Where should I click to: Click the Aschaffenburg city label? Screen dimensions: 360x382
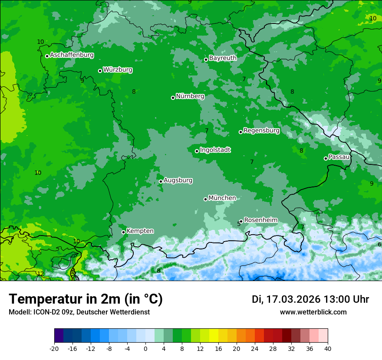(x=72, y=55)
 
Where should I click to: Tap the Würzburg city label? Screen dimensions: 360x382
(x=118, y=70)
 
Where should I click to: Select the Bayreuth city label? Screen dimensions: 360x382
(x=223, y=58)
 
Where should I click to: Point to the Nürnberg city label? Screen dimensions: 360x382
(x=190, y=96)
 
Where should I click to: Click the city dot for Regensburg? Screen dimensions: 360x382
(x=240, y=132)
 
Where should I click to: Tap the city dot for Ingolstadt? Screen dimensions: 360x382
(x=197, y=151)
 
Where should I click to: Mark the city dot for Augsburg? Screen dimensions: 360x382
(x=161, y=181)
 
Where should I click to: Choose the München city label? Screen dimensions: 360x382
(x=222, y=198)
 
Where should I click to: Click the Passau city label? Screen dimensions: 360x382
(x=339, y=157)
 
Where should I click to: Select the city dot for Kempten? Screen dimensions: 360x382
(x=123, y=232)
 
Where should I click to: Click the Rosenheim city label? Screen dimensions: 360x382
(x=260, y=220)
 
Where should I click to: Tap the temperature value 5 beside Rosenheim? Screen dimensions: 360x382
(x=239, y=224)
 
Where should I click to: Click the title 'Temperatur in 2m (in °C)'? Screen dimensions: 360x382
(x=86, y=299)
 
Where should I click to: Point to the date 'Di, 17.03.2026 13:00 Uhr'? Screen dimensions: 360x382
(x=310, y=299)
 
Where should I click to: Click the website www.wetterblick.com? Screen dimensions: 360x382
(x=313, y=312)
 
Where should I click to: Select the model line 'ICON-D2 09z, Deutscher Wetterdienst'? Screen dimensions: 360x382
(x=79, y=312)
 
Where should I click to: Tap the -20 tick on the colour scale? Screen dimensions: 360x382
(x=54, y=349)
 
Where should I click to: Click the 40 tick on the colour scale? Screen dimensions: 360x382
(x=328, y=349)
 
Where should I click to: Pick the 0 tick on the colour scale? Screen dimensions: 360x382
(x=145, y=349)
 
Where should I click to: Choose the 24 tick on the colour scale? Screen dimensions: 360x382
(x=255, y=349)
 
